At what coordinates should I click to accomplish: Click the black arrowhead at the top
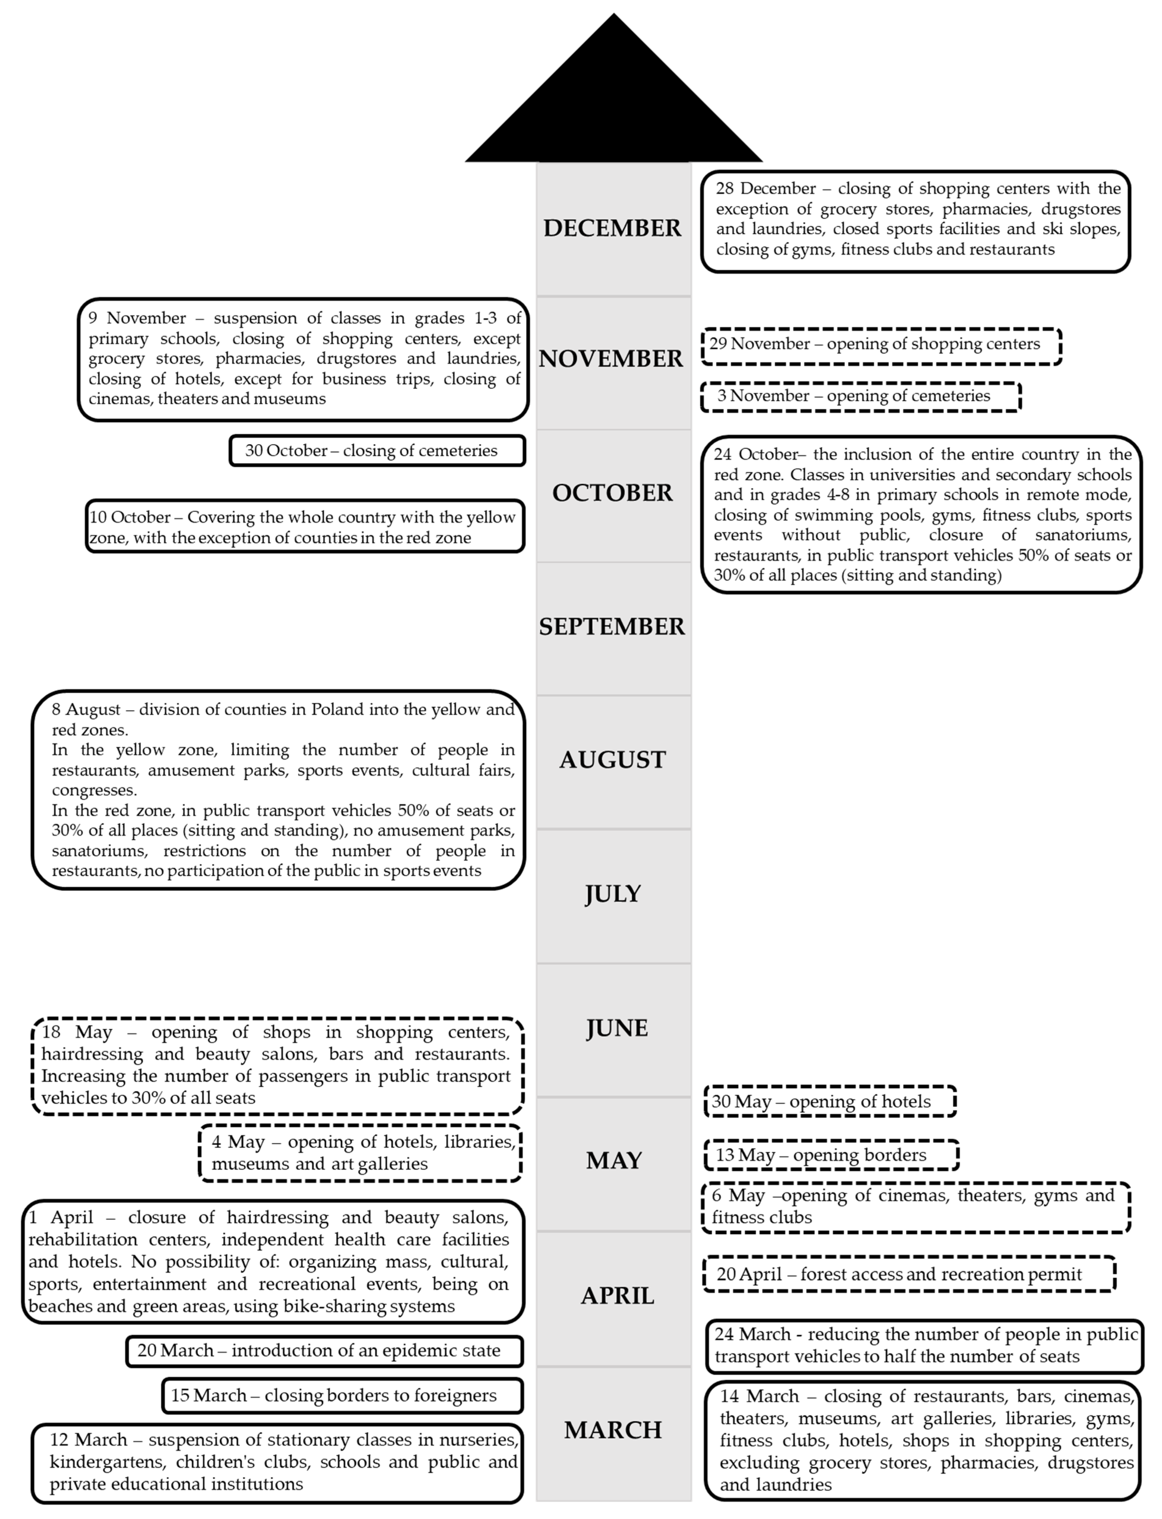614,104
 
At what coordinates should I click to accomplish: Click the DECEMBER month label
612,228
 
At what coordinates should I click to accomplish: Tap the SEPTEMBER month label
612,626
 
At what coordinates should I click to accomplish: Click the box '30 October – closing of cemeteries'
377,451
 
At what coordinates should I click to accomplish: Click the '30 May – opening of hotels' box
829,1101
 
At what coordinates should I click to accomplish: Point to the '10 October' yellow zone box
304,527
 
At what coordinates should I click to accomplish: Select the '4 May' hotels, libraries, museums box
360,1153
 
